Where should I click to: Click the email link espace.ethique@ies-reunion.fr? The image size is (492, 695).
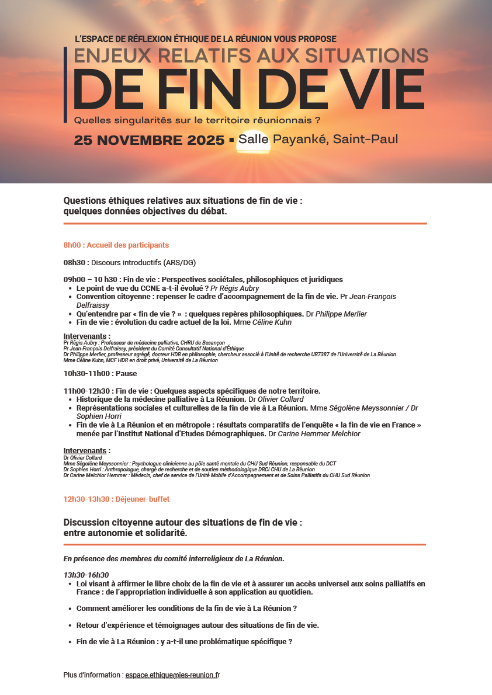[172, 675]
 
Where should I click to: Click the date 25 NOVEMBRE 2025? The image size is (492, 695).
[149, 140]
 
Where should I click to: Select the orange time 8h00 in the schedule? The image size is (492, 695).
[71, 245]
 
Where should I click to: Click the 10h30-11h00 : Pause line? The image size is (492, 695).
[99, 373]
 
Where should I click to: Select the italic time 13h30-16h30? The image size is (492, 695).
[86, 575]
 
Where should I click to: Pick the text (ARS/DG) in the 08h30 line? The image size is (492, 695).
[184, 262]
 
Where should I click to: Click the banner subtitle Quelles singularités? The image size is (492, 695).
[197, 120]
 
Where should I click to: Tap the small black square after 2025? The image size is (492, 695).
[231, 140]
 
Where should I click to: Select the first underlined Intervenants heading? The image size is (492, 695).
[86, 336]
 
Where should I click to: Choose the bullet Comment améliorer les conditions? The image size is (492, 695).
[186, 608]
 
